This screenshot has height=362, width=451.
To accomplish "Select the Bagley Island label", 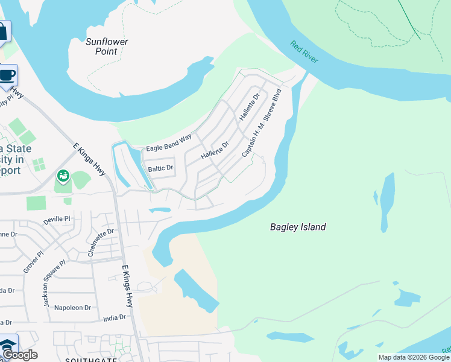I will click(x=298, y=227).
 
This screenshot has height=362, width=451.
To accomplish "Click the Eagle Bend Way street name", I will click(x=169, y=142).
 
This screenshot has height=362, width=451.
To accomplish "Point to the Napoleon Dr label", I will click(x=72, y=308).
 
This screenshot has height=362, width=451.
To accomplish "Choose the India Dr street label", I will click(x=115, y=317).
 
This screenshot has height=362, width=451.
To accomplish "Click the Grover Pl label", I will click(x=34, y=262).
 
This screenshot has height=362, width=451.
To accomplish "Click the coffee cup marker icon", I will click(x=7, y=75).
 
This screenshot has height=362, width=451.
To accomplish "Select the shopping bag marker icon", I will click(x=3, y=31).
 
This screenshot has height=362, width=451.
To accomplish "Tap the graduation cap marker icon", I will click(x=7, y=345).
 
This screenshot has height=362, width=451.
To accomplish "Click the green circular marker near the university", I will click(x=63, y=176).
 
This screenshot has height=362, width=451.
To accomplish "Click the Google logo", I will click(x=19, y=355).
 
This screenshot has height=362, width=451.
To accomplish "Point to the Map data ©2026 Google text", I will click(x=414, y=357).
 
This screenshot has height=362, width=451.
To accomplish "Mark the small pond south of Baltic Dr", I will click(x=159, y=211).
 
